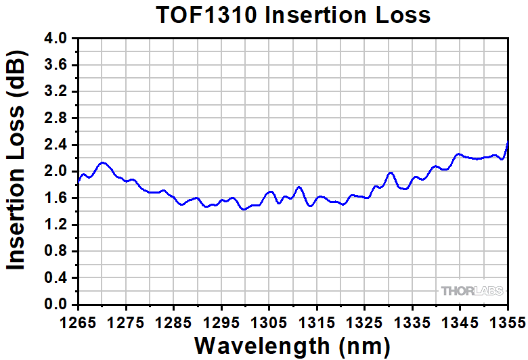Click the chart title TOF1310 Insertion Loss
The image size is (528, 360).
click(292, 15)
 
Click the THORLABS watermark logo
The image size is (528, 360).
click(472, 291)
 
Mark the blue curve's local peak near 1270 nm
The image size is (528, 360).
click(102, 162)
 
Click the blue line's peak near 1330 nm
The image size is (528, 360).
click(390, 173)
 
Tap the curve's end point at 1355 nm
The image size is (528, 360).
click(508, 142)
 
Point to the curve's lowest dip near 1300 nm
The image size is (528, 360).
click(244, 210)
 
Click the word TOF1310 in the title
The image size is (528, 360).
click(206, 15)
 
